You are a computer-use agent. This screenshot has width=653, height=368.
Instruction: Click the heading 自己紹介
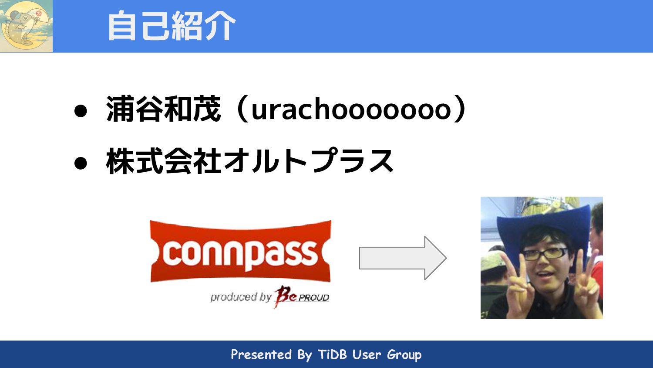tap(172, 26)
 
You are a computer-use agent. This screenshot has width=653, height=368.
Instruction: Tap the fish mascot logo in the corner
tap(26, 26)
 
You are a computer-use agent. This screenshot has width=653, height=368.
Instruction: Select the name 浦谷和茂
tap(164, 109)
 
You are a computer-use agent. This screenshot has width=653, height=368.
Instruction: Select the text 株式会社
tap(164, 161)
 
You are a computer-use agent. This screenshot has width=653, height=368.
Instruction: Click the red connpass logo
tap(240, 252)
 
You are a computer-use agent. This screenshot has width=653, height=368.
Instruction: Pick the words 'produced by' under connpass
tap(241, 297)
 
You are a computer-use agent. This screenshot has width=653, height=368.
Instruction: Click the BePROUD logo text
tap(301, 296)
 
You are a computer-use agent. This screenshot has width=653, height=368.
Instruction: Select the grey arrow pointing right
tap(402, 258)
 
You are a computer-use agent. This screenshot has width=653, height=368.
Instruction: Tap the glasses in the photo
tap(545, 253)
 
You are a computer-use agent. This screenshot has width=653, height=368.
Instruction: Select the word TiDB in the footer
tap(332, 354)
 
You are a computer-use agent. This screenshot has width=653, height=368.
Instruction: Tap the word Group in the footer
tap(404, 355)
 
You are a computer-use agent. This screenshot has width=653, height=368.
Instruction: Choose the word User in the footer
tap(367, 354)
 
